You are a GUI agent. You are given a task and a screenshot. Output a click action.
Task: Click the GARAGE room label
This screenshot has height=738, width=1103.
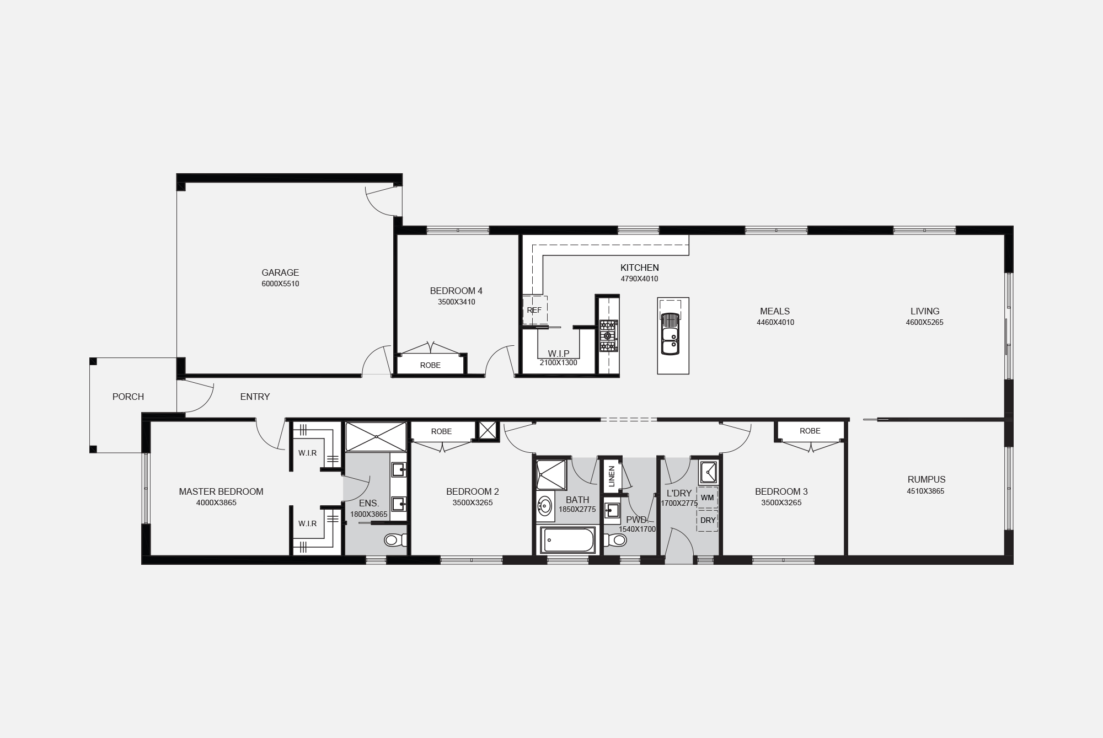[x=280, y=272]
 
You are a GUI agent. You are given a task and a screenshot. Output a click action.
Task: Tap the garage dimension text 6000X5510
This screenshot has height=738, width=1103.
[x=280, y=284]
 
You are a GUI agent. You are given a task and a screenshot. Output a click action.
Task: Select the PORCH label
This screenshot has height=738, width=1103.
[x=128, y=397]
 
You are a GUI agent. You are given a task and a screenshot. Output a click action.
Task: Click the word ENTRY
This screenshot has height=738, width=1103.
[x=255, y=397]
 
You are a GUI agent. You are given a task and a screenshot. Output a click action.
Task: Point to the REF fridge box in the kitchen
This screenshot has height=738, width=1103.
[x=534, y=311]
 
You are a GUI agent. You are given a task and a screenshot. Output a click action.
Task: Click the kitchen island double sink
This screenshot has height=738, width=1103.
[x=670, y=334]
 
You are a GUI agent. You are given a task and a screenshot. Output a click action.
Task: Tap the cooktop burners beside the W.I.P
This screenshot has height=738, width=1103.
[x=609, y=336]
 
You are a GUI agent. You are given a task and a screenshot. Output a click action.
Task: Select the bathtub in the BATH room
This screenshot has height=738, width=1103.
[x=567, y=540]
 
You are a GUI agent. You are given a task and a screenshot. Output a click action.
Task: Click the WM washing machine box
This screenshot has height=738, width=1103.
[x=708, y=498]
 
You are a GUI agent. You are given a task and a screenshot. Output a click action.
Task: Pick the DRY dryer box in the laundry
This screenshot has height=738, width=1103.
[x=708, y=520]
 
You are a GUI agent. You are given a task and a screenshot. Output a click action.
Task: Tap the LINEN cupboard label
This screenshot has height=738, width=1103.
[x=611, y=477]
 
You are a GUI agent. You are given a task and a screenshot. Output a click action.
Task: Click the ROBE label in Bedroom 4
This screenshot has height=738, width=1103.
[x=430, y=365]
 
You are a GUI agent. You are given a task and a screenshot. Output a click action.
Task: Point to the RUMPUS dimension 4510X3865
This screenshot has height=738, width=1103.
[x=925, y=491]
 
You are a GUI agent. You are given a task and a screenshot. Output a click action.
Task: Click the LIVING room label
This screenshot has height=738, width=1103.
[x=925, y=311]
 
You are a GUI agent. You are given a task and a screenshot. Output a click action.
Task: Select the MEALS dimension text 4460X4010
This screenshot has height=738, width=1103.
[x=775, y=323]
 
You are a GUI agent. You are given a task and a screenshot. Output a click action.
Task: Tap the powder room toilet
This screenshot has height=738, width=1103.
[x=615, y=539]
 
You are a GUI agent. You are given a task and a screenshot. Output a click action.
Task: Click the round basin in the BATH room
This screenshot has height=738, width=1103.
[x=545, y=506]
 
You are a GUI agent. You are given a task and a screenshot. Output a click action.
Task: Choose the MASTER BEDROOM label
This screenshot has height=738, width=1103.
[x=221, y=491]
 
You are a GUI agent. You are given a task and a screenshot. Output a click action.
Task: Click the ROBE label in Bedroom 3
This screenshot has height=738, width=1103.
[x=810, y=431]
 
